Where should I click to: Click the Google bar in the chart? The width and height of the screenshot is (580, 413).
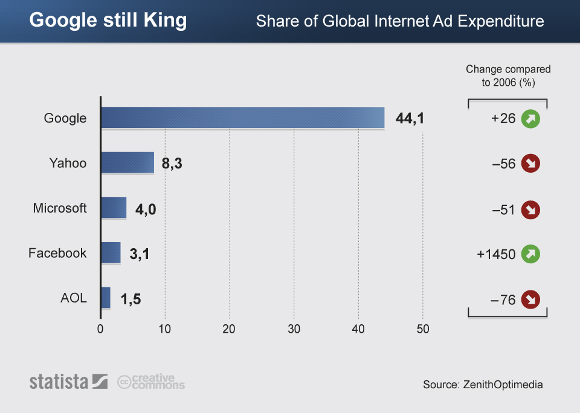point(242,118)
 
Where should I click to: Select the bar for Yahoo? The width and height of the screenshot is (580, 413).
point(127,163)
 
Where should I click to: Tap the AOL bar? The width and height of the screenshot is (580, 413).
point(106,298)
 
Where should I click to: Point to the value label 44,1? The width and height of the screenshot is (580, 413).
point(410,118)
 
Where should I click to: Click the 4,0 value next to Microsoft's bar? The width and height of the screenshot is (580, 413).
point(145,209)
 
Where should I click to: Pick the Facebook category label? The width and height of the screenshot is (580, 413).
point(57,253)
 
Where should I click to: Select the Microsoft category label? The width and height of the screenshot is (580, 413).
point(60,208)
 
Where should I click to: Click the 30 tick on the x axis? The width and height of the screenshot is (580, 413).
point(294,330)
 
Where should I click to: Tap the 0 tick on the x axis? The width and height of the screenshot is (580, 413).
point(100,330)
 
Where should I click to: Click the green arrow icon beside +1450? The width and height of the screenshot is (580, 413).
point(530,254)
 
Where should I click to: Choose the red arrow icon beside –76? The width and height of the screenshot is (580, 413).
point(530,299)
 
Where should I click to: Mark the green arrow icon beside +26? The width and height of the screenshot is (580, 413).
point(530,119)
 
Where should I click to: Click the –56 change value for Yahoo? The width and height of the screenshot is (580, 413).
point(503,164)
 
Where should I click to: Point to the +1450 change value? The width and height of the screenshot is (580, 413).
point(495,254)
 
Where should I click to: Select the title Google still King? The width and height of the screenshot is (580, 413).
point(108,21)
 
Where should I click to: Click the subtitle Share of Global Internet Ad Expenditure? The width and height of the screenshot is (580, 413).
point(400,22)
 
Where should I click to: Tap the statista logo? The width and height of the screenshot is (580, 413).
point(68,382)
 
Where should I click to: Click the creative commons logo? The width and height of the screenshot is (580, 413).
point(151,382)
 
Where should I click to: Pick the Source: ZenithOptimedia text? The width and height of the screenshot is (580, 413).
point(483,385)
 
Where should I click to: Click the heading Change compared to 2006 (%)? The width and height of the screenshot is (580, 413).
point(507,75)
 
